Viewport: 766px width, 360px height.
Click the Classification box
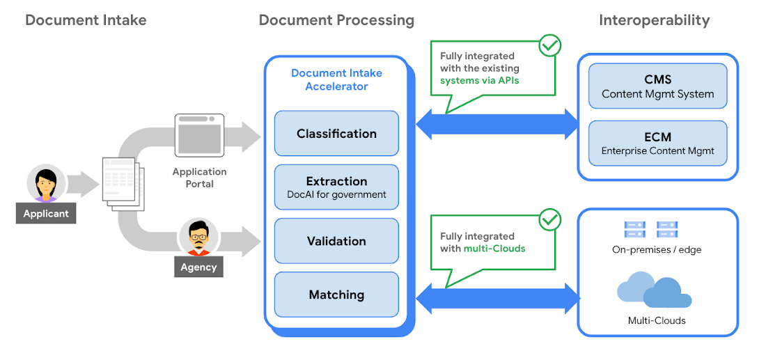[336, 133]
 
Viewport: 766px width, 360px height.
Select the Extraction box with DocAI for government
[336, 187]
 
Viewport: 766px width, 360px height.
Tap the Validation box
[336, 241]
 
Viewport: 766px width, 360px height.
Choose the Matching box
[336, 295]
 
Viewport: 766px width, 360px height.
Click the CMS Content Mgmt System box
[657, 86]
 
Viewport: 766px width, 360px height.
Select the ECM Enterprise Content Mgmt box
[657, 143]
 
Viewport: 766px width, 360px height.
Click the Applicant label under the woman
[46, 214]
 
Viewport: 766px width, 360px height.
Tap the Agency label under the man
[198, 267]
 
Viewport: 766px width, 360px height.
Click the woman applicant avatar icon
[46, 184]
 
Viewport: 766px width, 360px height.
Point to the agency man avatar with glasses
[198, 237]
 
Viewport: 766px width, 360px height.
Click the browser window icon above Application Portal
[199, 136]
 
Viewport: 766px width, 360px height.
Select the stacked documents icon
[123, 183]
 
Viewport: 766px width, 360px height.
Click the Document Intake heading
[86, 20]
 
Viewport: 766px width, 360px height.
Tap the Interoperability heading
[654, 20]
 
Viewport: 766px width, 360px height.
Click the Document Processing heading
[336, 20]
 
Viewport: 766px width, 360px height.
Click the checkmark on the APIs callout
[549, 45]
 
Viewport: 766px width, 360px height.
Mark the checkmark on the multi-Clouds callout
[549, 219]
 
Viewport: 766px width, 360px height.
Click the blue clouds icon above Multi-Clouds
[654, 292]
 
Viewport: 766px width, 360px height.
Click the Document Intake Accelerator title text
[336, 79]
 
